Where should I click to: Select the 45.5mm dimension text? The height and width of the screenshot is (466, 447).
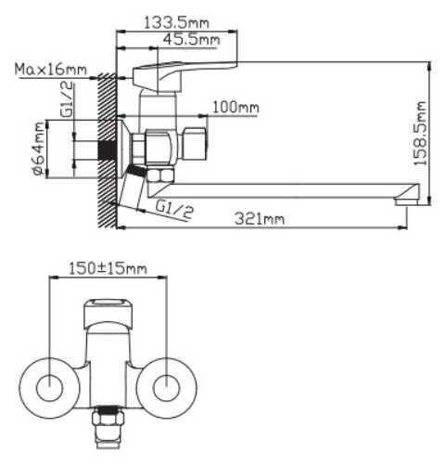pyautogui.click(x=190, y=40)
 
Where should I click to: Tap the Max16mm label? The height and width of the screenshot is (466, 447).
pyautogui.click(x=51, y=70)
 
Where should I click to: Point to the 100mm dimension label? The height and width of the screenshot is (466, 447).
pyautogui.click(x=236, y=109)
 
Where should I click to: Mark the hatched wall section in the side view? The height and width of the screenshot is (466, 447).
pyautogui.click(x=107, y=149)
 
